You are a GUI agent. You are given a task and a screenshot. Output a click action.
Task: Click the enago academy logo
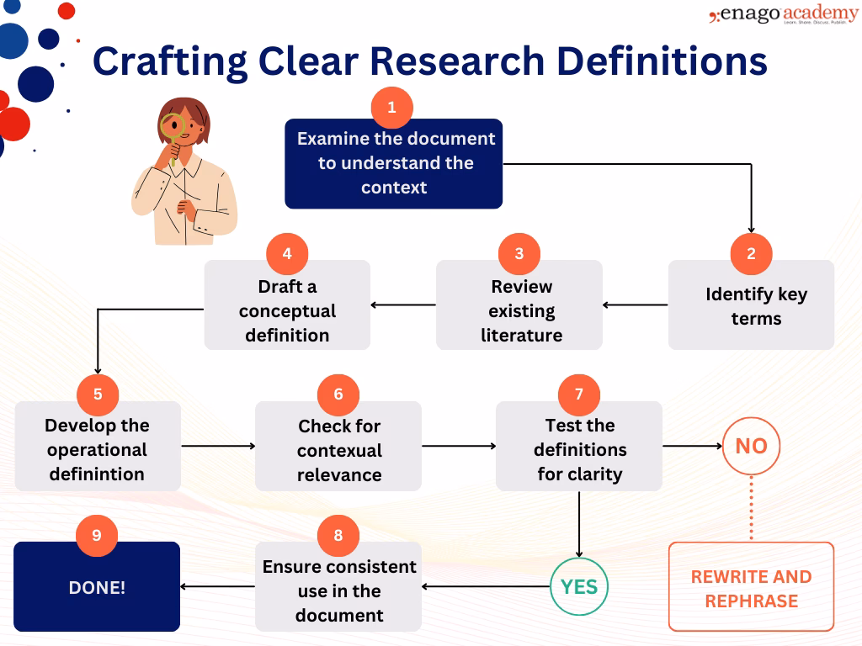pos(783,16)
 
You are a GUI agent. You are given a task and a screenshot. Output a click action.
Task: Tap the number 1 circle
pos(391,108)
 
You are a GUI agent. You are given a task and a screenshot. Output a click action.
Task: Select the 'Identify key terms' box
pos(751,305)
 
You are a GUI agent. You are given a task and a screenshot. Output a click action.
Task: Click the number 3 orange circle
pos(519,254)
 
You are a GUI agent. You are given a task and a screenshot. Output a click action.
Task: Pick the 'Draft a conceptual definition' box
pos(287,305)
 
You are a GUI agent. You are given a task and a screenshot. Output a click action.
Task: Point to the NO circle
pos(751,446)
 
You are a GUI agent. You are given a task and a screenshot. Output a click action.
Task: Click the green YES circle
pos(578,586)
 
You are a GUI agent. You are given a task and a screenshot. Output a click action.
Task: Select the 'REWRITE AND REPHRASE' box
pos(751,588)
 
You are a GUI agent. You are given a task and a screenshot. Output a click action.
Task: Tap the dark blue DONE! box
pos(97,588)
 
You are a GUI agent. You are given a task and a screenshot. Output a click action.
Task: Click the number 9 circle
pos(97,536)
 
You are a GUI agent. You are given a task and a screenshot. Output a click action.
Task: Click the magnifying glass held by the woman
pos(173,126)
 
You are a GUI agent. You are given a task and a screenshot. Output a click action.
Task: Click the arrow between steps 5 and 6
pos(218,446)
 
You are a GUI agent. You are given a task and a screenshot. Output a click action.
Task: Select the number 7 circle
pos(578,394)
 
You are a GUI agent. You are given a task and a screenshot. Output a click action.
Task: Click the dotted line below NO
pos(751,508)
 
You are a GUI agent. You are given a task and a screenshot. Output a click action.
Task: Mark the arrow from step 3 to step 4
pos(403,304)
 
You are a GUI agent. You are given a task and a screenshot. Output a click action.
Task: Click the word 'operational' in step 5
pos(98,449)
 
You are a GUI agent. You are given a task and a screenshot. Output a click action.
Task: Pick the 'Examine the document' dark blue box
pos(393,164)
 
